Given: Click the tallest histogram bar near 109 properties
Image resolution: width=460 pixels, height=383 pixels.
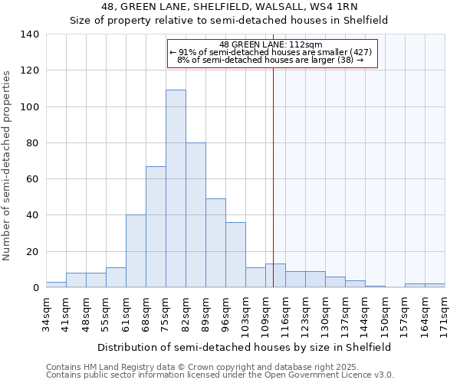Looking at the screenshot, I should pyautogui.click(x=176, y=188).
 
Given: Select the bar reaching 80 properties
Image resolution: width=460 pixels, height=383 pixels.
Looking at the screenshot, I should pyautogui.click(x=195, y=214).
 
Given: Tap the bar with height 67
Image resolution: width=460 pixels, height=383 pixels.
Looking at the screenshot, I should pyautogui.click(x=156, y=227).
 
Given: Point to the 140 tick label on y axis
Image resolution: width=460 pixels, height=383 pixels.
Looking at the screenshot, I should pyautogui.click(x=30, y=34).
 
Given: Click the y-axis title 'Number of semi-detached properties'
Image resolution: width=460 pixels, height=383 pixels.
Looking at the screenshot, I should pyautogui.click(x=8, y=165).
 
